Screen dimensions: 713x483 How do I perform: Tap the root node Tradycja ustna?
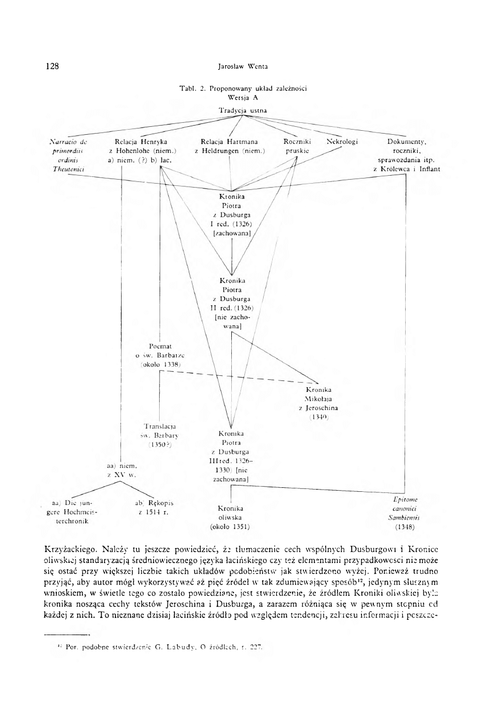click(243, 109)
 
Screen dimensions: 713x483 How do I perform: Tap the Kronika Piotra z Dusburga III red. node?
click(232, 456)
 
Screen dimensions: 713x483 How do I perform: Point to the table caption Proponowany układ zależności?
click(243, 88)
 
